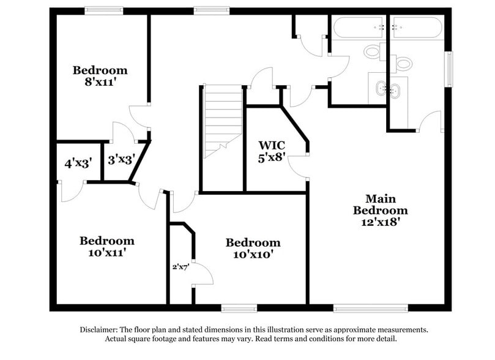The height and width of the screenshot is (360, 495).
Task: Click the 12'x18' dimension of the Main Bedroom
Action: click(381, 222)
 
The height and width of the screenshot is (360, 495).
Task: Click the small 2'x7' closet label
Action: click(181, 267)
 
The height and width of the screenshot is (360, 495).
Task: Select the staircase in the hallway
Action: click(223, 120)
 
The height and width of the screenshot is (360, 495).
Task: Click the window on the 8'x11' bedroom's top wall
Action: click(103, 10)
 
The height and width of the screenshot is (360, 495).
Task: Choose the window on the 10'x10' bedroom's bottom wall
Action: click(239, 307)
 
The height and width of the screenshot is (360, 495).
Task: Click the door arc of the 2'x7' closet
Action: click(203, 276)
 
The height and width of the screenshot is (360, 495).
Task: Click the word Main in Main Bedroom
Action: click(381, 199)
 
